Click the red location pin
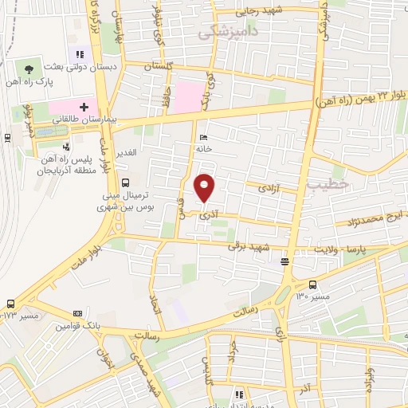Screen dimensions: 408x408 206,188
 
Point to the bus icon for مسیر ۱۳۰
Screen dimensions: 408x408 312,284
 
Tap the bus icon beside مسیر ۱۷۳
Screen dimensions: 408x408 10,304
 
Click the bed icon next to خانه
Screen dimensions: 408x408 202,136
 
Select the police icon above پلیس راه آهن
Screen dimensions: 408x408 66,147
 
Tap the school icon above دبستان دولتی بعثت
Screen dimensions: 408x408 80,54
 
